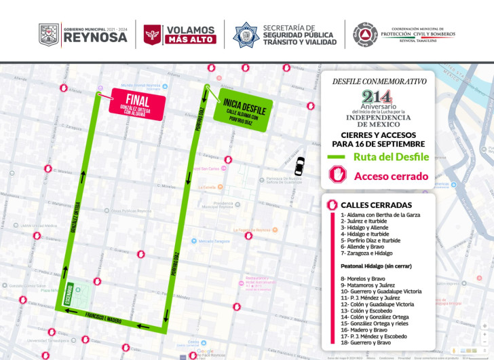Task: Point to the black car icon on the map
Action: (299, 165)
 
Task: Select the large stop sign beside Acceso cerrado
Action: (339, 175)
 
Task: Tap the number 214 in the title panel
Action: (377, 97)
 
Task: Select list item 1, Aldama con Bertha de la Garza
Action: (381, 215)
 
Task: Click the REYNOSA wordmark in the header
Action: (95, 38)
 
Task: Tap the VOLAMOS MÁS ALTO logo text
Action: (191, 35)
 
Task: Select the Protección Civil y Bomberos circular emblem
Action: (365, 34)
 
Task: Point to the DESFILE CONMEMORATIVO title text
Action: (379, 81)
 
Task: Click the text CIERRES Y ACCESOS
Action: (378, 134)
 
